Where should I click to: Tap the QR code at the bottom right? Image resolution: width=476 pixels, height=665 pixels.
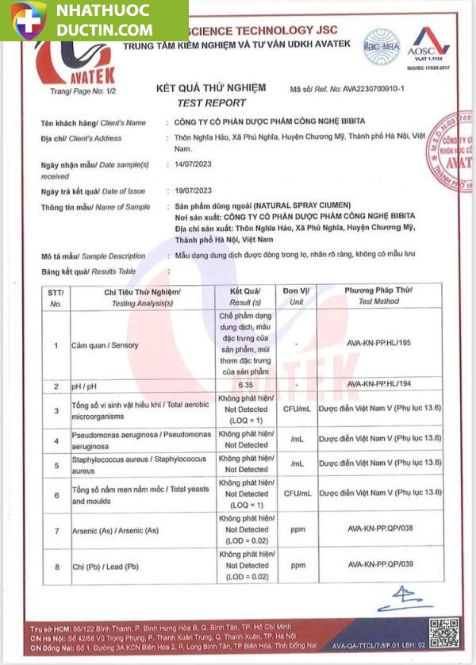click(x=443, y=632)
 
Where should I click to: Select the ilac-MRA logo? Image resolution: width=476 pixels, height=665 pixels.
click(x=382, y=44)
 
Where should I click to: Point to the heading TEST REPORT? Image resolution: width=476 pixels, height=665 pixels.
click(x=211, y=102)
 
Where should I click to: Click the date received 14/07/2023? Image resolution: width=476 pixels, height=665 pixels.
click(x=193, y=164)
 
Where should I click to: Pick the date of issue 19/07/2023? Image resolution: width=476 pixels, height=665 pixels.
click(x=193, y=190)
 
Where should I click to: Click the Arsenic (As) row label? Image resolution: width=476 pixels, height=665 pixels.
click(x=115, y=529)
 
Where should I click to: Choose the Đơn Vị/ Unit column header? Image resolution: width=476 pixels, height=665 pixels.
click(x=296, y=296)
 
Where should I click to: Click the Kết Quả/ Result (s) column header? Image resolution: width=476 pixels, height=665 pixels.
click(x=245, y=296)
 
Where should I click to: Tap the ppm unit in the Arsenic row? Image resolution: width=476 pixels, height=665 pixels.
click(x=297, y=529)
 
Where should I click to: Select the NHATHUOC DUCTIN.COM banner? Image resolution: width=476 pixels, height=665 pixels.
click(x=94, y=20)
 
